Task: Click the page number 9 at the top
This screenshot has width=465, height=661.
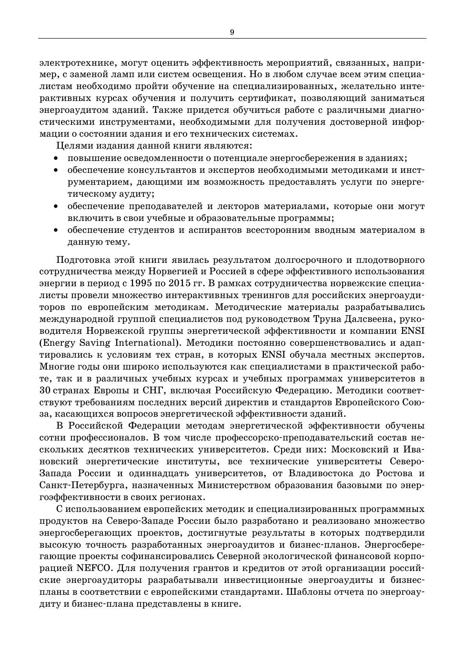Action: tap(232, 32)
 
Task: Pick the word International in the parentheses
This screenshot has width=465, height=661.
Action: tap(145, 343)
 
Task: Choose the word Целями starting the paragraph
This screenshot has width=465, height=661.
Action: tap(72, 146)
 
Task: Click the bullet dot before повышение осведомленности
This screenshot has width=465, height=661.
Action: tap(56, 158)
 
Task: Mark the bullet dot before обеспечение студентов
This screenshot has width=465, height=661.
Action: tap(56, 230)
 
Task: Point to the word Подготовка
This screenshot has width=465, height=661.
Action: tap(82, 260)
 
